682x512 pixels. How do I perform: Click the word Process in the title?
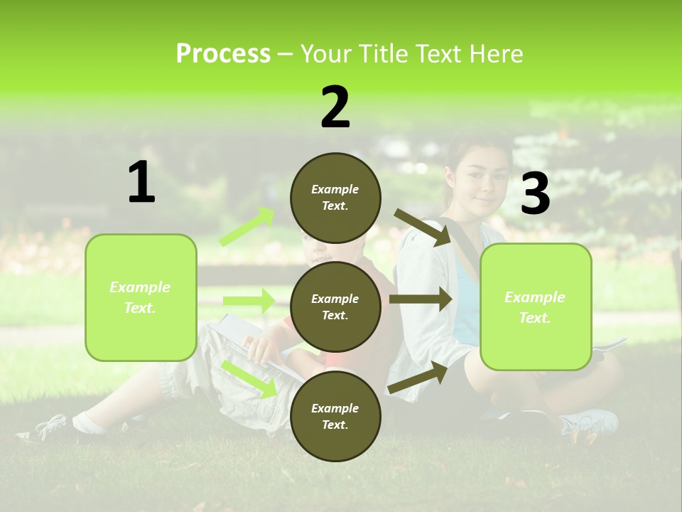point(223,54)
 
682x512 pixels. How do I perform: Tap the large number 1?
point(141,182)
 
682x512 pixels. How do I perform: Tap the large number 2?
point(335,107)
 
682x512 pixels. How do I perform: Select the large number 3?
point(535,193)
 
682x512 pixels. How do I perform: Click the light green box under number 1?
point(141,297)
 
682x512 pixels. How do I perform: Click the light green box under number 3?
point(536,306)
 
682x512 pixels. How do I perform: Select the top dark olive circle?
point(335,198)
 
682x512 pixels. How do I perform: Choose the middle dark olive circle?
point(335,306)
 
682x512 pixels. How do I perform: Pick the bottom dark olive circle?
point(335,416)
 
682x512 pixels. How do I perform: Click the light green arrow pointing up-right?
point(247,227)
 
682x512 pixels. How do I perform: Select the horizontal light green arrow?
point(249,301)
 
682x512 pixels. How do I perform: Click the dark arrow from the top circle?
point(423,227)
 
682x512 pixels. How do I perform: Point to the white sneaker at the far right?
point(590,422)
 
